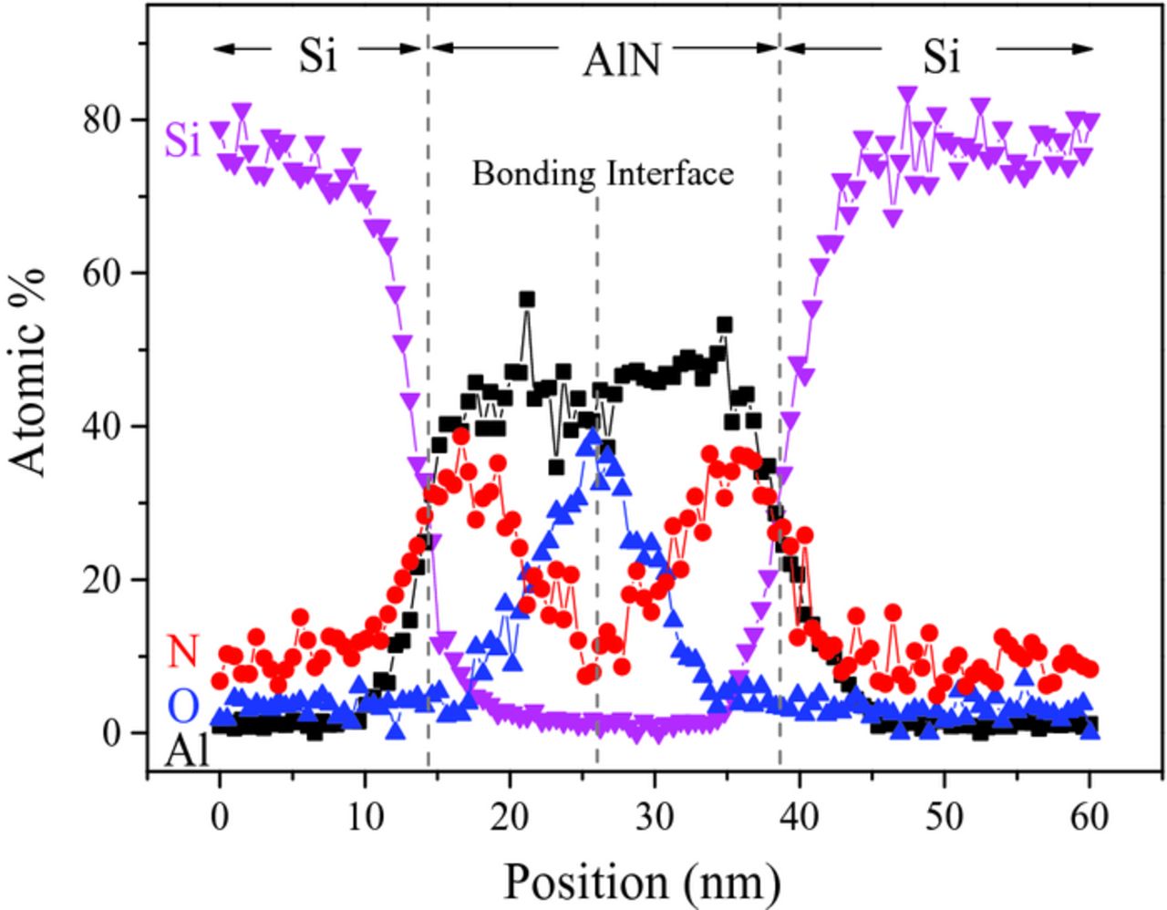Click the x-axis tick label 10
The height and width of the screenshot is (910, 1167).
coord(364,815)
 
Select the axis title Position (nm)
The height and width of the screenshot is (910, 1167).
coord(641,881)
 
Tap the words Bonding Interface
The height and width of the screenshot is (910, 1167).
coord(602,172)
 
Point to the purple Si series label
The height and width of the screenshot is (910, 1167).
coord(182,143)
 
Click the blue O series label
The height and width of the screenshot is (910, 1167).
coord(183,704)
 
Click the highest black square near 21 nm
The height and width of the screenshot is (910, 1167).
coord(527,300)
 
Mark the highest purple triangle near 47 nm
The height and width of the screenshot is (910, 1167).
coord(906,94)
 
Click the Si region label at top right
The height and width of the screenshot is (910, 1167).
coord(941,57)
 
